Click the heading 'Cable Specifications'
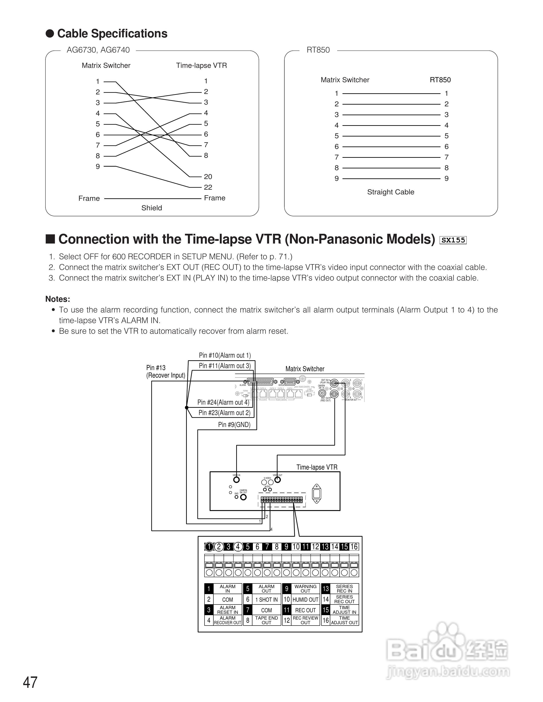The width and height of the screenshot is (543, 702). pyautogui.click(x=112, y=34)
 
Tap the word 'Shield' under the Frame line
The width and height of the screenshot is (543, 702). pyautogui.click(x=151, y=208)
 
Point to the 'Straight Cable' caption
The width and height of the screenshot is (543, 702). pyautogui.click(x=391, y=192)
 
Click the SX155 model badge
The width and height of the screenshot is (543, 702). pyautogui.click(x=453, y=240)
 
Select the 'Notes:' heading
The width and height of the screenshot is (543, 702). pyautogui.click(x=58, y=299)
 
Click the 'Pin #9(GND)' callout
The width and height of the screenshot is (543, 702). pyautogui.click(x=234, y=425)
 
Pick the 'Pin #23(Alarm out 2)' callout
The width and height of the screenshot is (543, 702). pyautogui.click(x=224, y=413)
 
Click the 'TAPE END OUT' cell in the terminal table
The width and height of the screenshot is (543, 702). pyautogui.click(x=266, y=620)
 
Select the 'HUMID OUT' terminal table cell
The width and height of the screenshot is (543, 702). pyautogui.click(x=305, y=599)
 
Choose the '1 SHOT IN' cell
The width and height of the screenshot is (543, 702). pyautogui.click(x=266, y=599)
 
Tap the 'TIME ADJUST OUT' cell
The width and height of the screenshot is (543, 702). pyautogui.click(x=344, y=620)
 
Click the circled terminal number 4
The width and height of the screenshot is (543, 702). pyautogui.click(x=238, y=546)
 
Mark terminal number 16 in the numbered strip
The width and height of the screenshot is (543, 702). pyautogui.click(x=354, y=546)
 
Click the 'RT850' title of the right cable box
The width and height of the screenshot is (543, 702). pyautogui.click(x=318, y=50)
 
